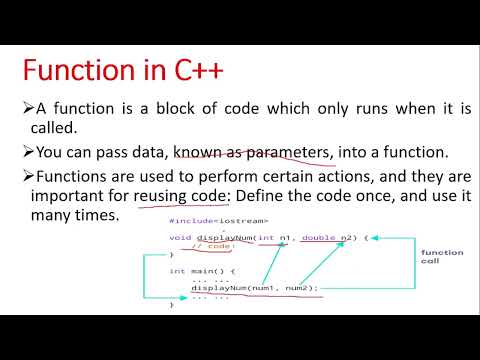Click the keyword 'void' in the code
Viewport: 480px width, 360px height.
[180, 237]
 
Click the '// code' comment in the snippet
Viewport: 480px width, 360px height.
[212, 246]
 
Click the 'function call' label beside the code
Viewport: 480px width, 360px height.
[441, 257]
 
